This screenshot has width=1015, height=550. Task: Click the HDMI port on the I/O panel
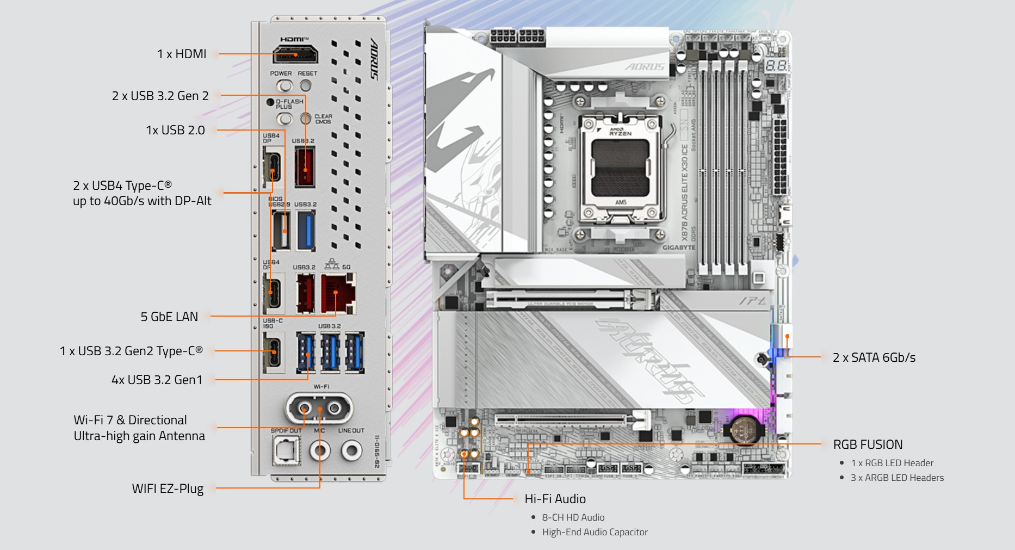pyautogui.click(x=295, y=55)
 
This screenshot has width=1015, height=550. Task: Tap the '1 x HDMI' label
pyautogui.click(x=182, y=54)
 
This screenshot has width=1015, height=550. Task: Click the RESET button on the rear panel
pyautogui.click(x=306, y=86)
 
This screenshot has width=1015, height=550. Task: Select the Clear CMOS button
pyautogui.click(x=306, y=118)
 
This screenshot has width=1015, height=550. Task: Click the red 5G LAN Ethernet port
pyautogui.click(x=337, y=294)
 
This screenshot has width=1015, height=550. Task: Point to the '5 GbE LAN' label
pyautogui.click(x=169, y=317)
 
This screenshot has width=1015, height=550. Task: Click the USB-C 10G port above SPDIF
pyautogui.click(x=274, y=351)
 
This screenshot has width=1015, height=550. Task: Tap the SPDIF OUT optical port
pyautogui.click(x=286, y=450)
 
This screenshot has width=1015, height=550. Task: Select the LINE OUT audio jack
pyautogui.click(x=351, y=450)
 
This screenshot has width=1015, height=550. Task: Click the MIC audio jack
pyautogui.click(x=319, y=450)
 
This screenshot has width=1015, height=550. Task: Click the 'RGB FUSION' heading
pyautogui.click(x=868, y=444)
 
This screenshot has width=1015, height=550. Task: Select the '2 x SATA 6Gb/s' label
pyautogui.click(x=874, y=357)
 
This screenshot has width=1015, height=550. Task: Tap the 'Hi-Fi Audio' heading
pyautogui.click(x=555, y=499)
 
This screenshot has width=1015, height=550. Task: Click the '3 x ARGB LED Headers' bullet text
pyautogui.click(x=897, y=478)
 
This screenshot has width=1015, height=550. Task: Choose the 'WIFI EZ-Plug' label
pyautogui.click(x=168, y=489)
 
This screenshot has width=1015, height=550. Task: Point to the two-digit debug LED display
pyautogui.click(x=776, y=66)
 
